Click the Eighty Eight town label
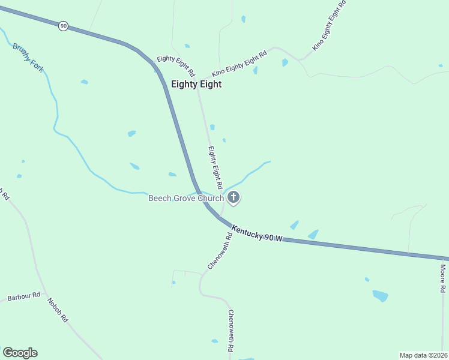click(x=196, y=85)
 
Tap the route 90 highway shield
click(x=64, y=26)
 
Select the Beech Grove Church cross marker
click(x=234, y=197)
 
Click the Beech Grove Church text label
click(x=186, y=198)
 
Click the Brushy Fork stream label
click(x=28, y=57)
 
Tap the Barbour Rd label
click(x=23, y=296)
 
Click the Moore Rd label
click(x=442, y=278)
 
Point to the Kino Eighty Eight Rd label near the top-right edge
click(x=330, y=25)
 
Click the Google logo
click(x=20, y=353)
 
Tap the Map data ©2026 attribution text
click(x=423, y=355)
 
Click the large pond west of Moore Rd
click(x=380, y=295)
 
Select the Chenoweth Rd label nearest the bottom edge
click(x=231, y=330)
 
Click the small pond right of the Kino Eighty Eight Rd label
click(x=285, y=62)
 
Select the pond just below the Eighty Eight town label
click(x=212, y=127)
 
